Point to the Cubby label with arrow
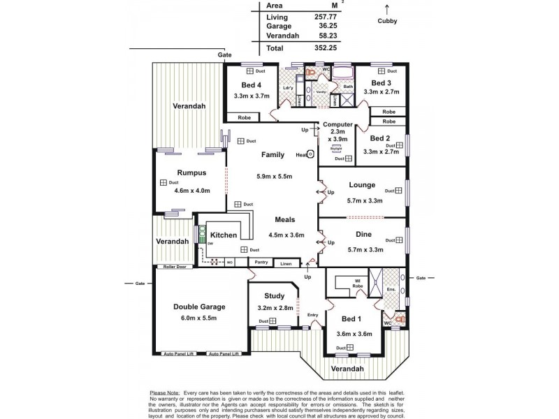click(387, 21)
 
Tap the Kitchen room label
click(224, 235)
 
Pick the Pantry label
click(262, 263)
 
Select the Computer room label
click(337, 124)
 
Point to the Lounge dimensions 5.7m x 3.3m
click(365, 200)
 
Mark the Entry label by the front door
click(312, 315)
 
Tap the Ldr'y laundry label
click(287, 87)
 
